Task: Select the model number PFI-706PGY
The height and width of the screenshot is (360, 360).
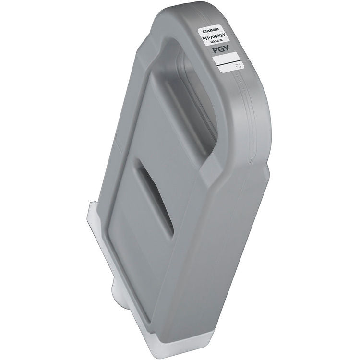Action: pyautogui.click(x=214, y=37)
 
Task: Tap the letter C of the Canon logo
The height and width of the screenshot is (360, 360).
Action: pyautogui.click(x=204, y=31)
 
